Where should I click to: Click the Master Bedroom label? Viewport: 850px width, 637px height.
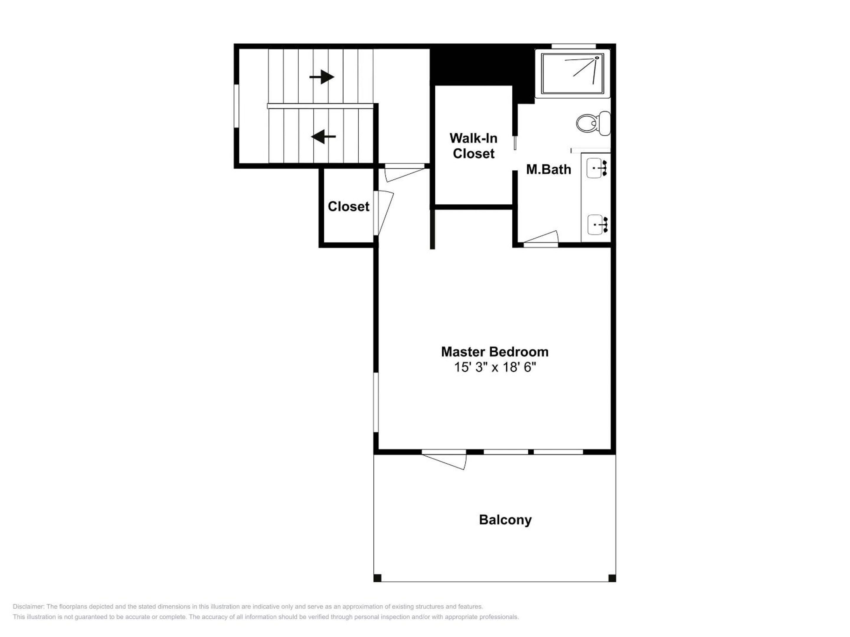coord(495,352)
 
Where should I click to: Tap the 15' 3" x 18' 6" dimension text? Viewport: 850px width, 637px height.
coord(495,367)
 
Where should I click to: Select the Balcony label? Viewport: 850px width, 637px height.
coord(505,520)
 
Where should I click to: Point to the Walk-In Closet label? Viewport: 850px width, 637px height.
coord(473,146)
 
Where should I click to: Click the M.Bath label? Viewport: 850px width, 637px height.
coord(548,169)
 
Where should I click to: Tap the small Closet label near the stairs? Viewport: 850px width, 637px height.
coord(349,206)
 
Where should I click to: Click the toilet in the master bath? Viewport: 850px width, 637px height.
coord(593,123)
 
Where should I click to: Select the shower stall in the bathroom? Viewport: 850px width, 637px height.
coord(573,74)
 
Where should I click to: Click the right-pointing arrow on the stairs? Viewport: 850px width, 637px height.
coord(322,77)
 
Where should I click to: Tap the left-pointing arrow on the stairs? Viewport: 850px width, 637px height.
coord(323,136)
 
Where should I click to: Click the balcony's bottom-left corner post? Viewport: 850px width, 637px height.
coord(377,578)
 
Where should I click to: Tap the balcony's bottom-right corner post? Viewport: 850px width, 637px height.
coord(612,578)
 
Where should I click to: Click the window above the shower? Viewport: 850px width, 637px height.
coord(574,46)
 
